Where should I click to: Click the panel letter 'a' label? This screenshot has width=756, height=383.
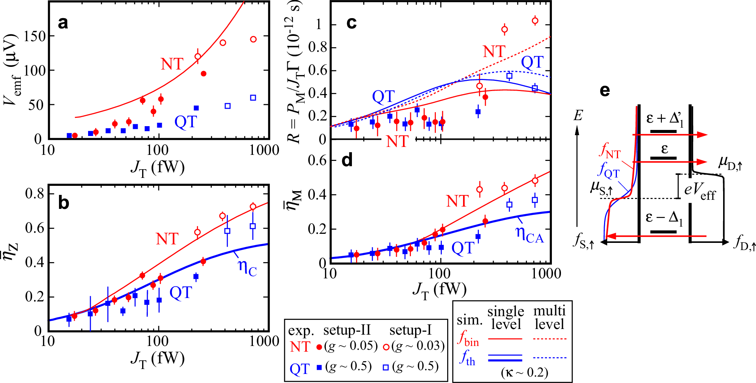pyautogui.click(x=63, y=23)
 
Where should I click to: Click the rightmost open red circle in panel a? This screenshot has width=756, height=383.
pyautogui.click(x=253, y=39)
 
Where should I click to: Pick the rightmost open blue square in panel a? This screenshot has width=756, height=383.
pyautogui.click(x=253, y=98)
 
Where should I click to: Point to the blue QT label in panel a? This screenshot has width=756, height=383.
pyautogui.click(x=186, y=122)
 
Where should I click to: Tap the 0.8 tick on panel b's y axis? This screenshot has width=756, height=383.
pyautogui.click(x=34, y=194)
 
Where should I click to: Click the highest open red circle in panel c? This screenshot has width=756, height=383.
pyautogui.click(x=535, y=21)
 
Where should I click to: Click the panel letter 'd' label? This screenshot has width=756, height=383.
pyautogui.click(x=347, y=161)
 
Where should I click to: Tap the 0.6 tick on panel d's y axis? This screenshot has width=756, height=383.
pyautogui.click(x=317, y=161)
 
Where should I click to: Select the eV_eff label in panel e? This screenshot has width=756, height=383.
pyautogui.click(x=700, y=190)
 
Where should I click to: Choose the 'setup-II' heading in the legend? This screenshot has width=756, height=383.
pyautogui.click(x=347, y=330)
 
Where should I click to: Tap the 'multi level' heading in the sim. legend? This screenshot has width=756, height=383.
pyautogui.click(x=549, y=317)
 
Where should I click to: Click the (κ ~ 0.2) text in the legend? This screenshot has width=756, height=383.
pyautogui.click(x=524, y=372)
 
